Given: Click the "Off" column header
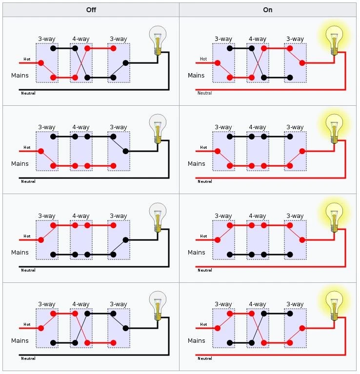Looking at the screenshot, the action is [91, 10].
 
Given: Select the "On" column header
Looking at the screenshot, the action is [268, 10].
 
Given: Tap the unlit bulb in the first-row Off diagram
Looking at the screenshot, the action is [158, 40].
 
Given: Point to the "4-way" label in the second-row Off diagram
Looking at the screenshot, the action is [81, 127].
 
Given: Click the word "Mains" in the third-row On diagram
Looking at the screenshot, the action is [197, 253].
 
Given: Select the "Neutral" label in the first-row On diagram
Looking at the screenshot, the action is [205, 93].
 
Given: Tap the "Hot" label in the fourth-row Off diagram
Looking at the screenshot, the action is [27, 324].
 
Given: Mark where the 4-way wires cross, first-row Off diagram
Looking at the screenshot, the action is [81, 63].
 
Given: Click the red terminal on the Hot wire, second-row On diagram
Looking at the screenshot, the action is [218, 151].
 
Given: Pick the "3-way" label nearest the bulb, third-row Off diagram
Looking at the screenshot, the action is [119, 216].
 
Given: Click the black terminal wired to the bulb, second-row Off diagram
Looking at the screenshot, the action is [126, 151].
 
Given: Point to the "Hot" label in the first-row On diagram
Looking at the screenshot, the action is [203, 59].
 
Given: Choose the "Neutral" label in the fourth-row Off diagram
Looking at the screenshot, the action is [28, 358].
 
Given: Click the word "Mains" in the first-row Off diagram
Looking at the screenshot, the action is [20, 76].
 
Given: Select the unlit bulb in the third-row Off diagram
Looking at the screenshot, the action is [158, 217].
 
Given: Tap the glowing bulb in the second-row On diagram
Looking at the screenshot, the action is [334, 129].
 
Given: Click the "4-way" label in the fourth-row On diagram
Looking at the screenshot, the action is [258, 304].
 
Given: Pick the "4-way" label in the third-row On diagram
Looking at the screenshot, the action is [258, 216].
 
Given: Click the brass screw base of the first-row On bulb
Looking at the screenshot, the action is [334, 52].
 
